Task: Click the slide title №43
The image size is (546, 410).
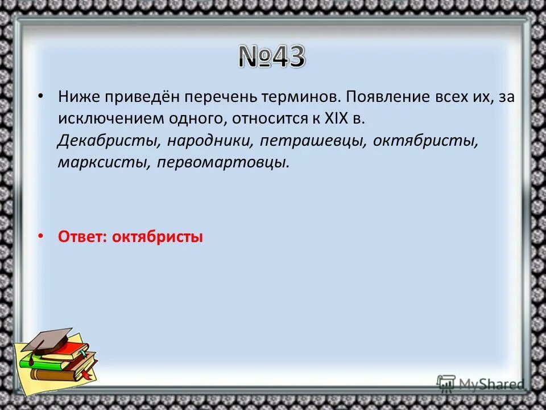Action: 271,57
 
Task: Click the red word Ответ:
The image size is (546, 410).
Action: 82,237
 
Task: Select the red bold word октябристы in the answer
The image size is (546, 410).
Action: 157,237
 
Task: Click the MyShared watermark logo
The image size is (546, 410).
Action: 481,384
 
